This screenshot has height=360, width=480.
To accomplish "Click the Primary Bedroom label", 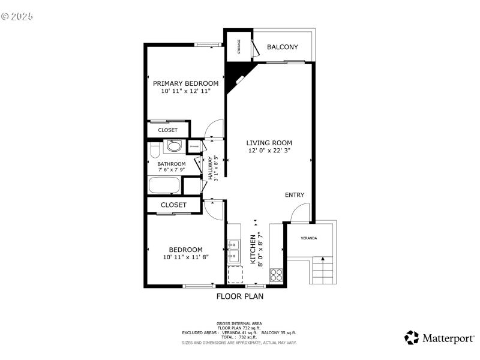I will [x=185, y=83].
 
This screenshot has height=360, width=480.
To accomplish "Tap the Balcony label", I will [x=282, y=47].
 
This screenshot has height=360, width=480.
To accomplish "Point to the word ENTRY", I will [x=295, y=195].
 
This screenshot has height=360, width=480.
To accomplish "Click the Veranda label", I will [x=309, y=238].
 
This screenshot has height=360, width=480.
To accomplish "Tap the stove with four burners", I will [x=276, y=275].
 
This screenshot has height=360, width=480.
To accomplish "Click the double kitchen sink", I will [x=233, y=251].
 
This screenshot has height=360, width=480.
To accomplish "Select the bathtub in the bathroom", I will [x=165, y=185].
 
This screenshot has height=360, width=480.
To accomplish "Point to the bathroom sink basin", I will [x=174, y=146].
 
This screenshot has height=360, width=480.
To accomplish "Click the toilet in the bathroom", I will [x=154, y=148].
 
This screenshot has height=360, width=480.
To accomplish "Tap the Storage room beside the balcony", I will [x=239, y=46].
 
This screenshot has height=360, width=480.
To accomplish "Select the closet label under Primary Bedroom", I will [x=167, y=130].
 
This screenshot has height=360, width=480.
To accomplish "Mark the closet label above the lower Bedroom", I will [x=173, y=205].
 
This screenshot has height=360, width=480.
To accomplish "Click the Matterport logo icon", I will [x=411, y=337].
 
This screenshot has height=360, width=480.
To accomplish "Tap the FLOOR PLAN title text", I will [x=239, y=296].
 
